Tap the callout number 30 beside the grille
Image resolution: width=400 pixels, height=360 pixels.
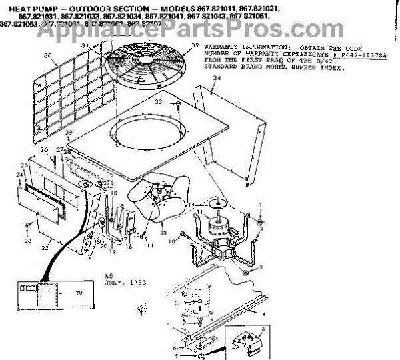pyautogui.click(x=47, y=55)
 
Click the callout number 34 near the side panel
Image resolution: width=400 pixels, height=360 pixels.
pyautogui.click(x=215, y=78)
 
